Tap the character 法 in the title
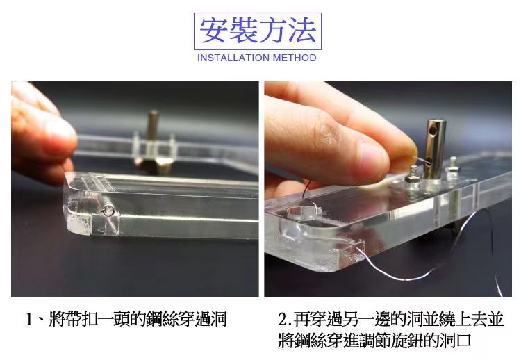pos(301,31)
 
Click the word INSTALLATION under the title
pos(233,58)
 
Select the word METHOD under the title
pos(295,58)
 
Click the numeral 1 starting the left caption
pos(29,319)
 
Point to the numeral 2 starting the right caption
pos(283,319)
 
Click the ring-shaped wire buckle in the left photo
pos(108,211)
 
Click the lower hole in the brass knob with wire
pos(429,161)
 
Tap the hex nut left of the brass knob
pos(412,177)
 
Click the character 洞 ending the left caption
pos(219,319)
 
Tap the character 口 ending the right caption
pos(464,340)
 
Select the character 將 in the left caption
pos(57,319)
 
